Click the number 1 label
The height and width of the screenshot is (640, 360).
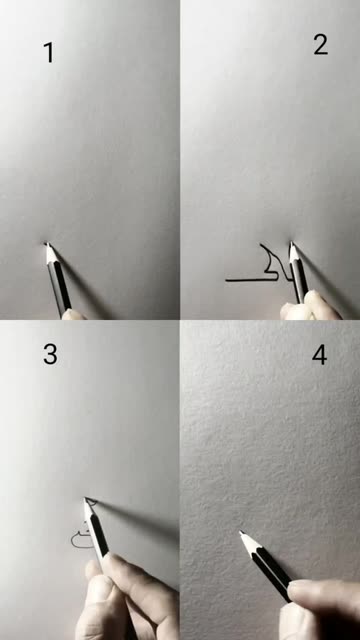pyautogui.click(x=49, y=53)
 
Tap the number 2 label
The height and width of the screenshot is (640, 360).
pyautogui.click(x=321, y=44)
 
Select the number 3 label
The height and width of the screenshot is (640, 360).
pyautogui.click(x=50, y=354)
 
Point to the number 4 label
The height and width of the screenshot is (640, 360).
pyautogui.click(x=320, y=355)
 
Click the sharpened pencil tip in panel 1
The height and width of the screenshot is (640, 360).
pyautogui.click(x=47, y=244)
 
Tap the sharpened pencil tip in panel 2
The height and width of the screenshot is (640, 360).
pyautogui.click(x=292, y=243)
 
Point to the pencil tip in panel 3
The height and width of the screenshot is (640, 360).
pyautogui.click(x=86, y=499)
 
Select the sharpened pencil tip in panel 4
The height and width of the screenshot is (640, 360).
pyautogui.click(x=242, y=532)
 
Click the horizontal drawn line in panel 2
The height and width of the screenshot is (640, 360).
pyautogui.click(x=251, y=280)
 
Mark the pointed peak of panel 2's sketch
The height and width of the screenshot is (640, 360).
pyautogui.click(x=261, y=245)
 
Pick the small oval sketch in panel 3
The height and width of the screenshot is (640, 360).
pyautogui.click(x=80, y=540)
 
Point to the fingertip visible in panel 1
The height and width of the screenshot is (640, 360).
pyautogui.click(x=73, y=314)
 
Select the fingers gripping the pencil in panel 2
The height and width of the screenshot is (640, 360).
pyautogui.click(x=310, y=305)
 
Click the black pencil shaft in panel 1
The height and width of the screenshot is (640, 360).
pyautogui.click(x=61, y=286)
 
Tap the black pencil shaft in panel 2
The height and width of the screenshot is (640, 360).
pyautogui.click(x=300, y=281)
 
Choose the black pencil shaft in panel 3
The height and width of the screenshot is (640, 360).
pyautogui.click(x=98, y=536)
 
